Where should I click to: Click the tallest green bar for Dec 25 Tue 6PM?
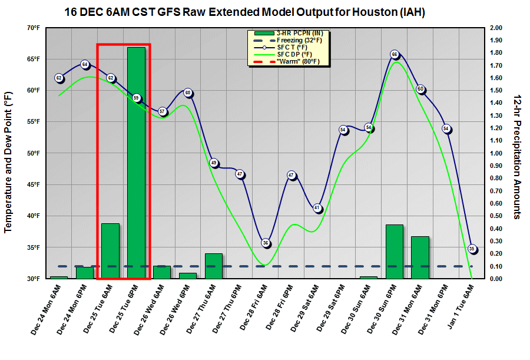click(x=136, y=163)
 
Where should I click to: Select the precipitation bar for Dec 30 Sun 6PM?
click(x=395, y=252)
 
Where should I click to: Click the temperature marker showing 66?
click(x=395, y=55)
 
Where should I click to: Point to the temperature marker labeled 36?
click(x=266, y=243)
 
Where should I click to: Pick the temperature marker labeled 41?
click(x=317, y=208)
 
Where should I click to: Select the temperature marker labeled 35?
click(x=472, y=249)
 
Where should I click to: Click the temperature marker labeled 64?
click(x=85, y=65)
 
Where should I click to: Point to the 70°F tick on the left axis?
click(x=33, y=28)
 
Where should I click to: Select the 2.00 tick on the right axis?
click(x=496, y=28)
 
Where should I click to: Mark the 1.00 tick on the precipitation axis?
click(x=496, y=153)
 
